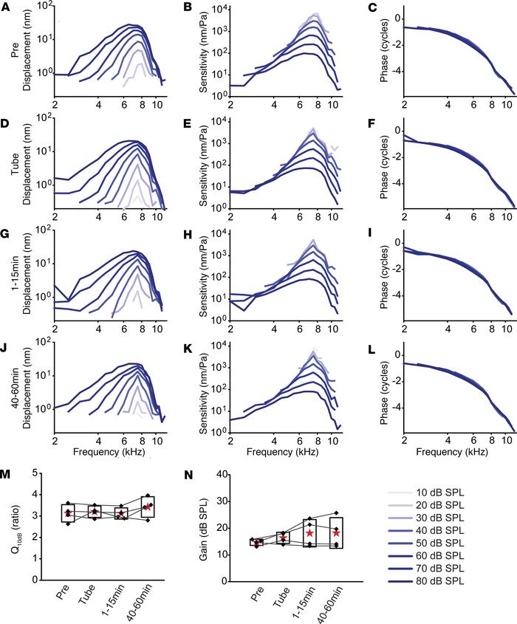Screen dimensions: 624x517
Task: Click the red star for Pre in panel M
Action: [67, 513]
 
